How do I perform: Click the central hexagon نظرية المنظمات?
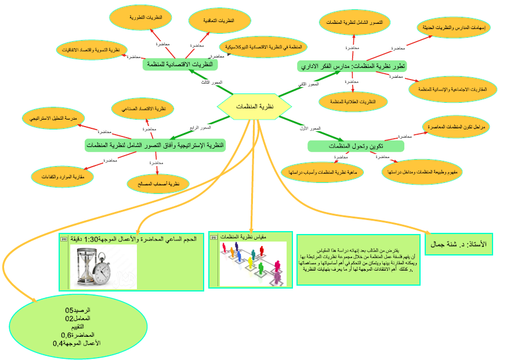pyautogui.click(x=255, y=106)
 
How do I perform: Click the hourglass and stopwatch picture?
pyautogui.click(x=103, y=265)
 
